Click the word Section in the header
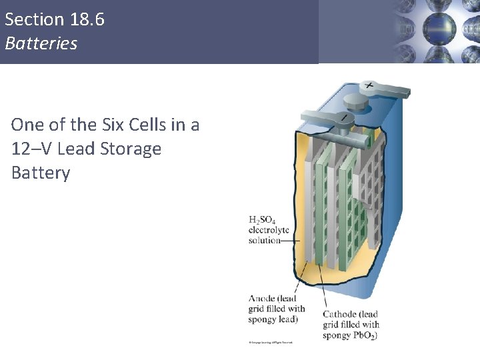pyautogui.click(x=33, y=19)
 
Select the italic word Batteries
pyautogui.click(x=41, y=43)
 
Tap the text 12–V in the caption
pyautogui.click(x=30, y=149)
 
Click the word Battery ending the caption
pyautogui.click(x=41, y=173)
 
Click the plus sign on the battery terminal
pyautogui.click(x=369, y=86)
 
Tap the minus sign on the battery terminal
pyautogui.click(x=344, y=118)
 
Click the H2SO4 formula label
pyautogui.click(x=262, y=219)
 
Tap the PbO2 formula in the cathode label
pyautogui.click(x=365, y=335)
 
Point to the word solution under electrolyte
pyautogui.click(x=264, y=240)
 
